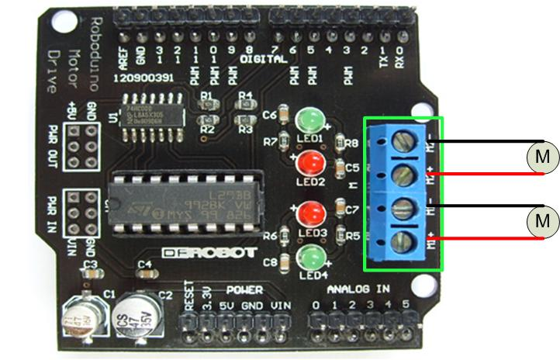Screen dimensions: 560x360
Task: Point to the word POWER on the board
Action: point(244,289)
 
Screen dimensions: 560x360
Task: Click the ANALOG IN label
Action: point(358,289)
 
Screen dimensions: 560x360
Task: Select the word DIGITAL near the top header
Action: point(258,60)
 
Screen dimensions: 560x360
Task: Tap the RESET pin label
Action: point(188,299)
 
